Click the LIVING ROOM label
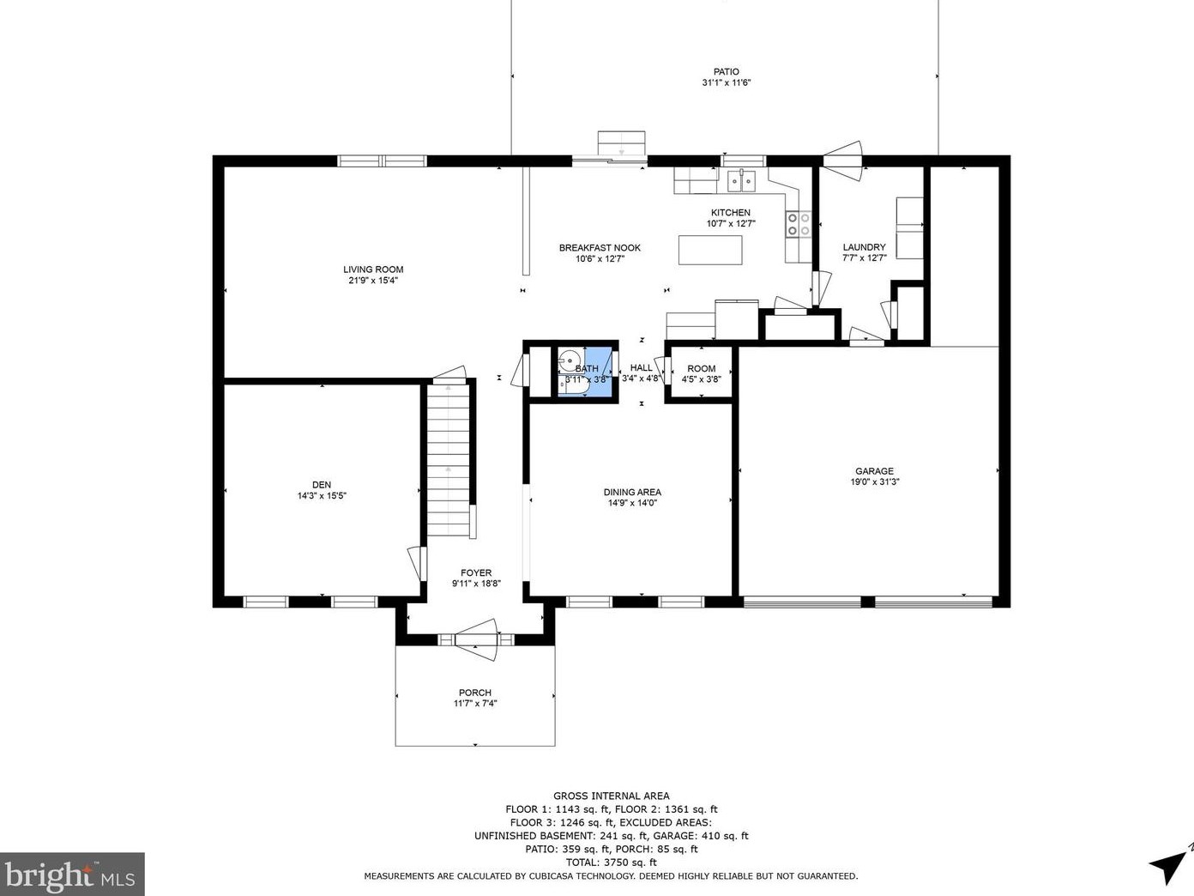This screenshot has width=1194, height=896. [x=373, y=269]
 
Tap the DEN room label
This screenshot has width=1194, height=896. [x=322, y=485]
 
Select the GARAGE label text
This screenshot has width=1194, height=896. [x=874, y=471]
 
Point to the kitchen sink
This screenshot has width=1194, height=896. [x=741, y=180]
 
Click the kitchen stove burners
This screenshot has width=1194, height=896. [x=798, y=224]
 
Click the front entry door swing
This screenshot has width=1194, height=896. [x=477, y=639]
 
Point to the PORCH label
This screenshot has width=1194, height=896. [x=475, y=693]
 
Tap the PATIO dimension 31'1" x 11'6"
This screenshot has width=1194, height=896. [x=727, y=82]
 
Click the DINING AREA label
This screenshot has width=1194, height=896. [x=632, y=493]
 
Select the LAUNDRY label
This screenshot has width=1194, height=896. [x=865, y=247]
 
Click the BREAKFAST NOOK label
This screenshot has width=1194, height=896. [x=600, y=247]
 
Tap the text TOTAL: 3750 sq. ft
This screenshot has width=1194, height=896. [x=612, y=863]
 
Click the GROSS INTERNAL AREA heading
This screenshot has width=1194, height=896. [x=612, y=796]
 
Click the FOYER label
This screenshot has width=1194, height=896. [x=476, y=572]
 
